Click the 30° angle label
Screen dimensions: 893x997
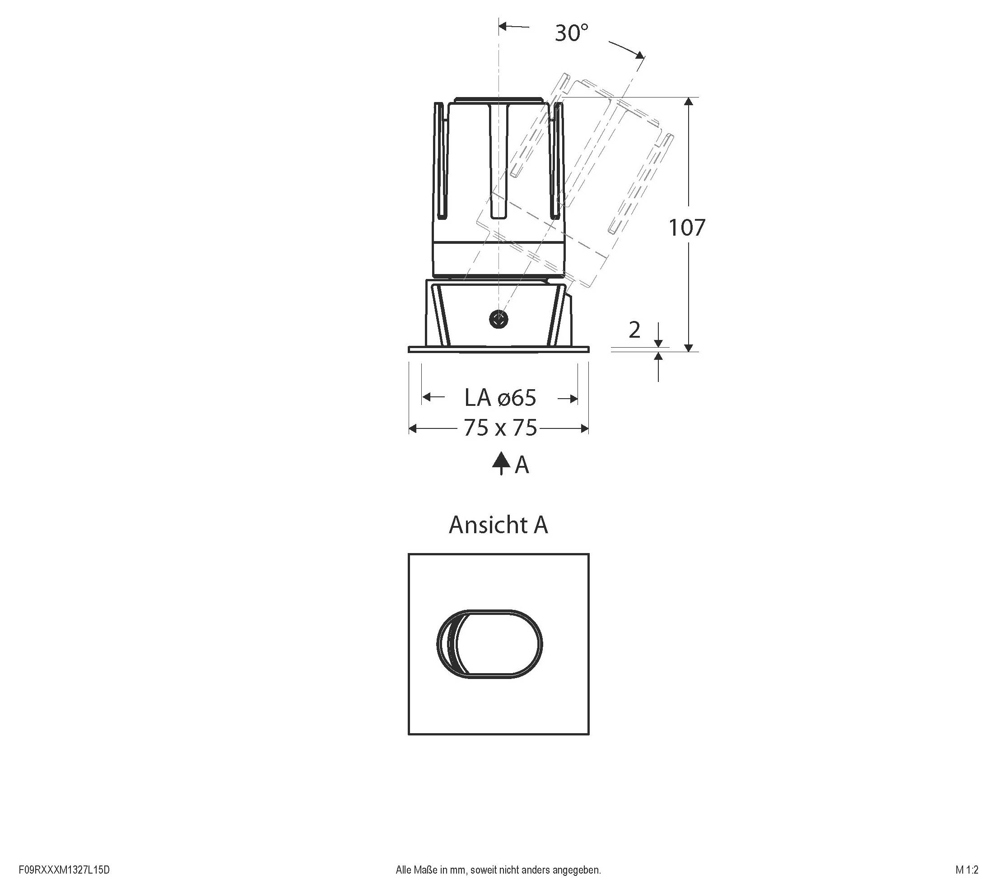click(571, 33)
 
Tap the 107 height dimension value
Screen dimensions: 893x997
click(687, 228)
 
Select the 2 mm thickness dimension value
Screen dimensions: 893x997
click(634, 330)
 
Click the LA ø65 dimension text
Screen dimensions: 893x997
click(500, 398)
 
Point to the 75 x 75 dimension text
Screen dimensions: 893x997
click(500, 428)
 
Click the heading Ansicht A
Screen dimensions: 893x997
click(498, 525)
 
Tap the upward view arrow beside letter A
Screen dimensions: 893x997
click(500, 463)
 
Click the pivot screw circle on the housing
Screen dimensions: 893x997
click(498, 320)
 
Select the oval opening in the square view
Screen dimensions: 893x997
click(489, 644)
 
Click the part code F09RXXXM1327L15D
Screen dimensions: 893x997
click(64, 870)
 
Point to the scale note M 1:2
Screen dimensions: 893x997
click(967, 870)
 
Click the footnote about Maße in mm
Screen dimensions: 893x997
click(498, 870)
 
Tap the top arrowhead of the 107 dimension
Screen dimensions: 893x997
click(689, 102)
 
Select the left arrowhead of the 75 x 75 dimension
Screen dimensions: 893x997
click(413, 429)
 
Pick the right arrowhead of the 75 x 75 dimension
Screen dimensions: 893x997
click(584, 429)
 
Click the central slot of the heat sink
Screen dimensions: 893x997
click(498, 162)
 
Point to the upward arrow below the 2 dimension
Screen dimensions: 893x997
click(658, 357)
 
